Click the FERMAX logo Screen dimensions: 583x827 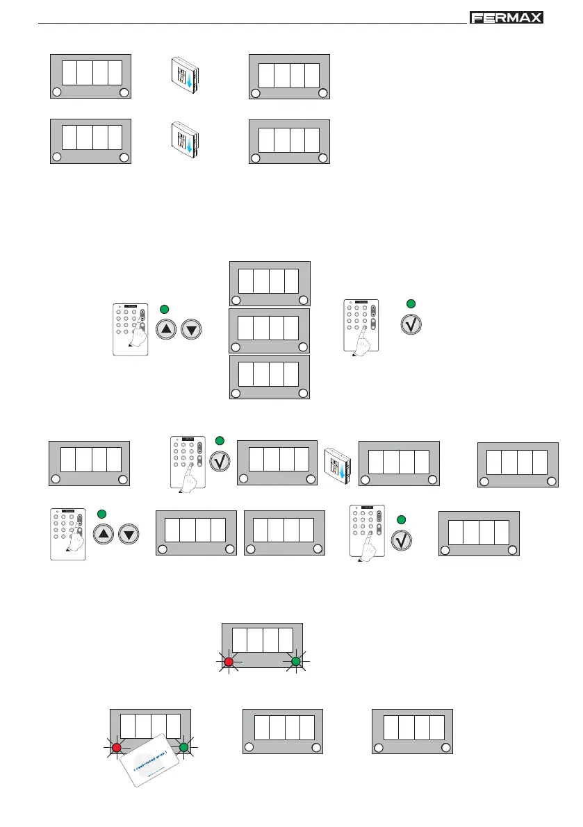(506, 18)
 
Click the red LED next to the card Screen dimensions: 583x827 (117, 747)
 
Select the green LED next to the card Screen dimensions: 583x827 (183, 747)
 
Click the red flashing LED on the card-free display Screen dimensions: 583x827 (228, 662)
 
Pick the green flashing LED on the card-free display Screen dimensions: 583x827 (295, 662)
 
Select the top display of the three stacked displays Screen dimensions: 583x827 (270, 283)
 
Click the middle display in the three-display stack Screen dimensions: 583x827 (270, 331)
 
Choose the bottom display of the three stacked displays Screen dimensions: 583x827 (270, 377)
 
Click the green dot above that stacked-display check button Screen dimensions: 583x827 (411, 303)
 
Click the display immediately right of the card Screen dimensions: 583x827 (282, 731)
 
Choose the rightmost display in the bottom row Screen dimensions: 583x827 (412, 731)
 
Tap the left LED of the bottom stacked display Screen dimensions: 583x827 (236, 394)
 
